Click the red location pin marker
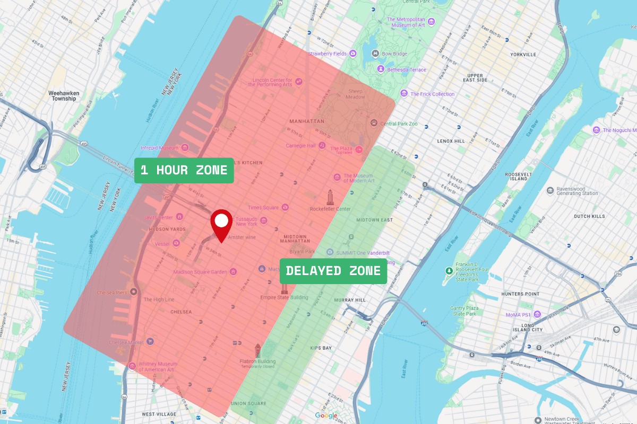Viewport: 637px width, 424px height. [221, 223]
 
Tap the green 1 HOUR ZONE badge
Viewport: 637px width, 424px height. [184, 171]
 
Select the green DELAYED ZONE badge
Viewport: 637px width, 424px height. [333, 271]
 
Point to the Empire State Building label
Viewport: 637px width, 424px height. [284, 297]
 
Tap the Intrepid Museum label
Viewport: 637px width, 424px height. [160, 148]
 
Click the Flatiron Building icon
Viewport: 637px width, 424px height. [257, 350]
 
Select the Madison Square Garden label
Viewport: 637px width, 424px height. [200, 272]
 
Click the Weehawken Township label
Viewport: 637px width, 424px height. [64, 96]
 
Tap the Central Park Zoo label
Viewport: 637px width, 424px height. [399, 123]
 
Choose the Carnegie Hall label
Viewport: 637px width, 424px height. [300, 146]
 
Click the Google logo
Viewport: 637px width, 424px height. [325, 416]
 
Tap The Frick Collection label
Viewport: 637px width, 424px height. [432, 94]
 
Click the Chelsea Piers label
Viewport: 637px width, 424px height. [112, 293]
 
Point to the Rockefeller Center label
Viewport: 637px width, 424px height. [330, 209]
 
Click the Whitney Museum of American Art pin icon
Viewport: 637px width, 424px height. [132, 366]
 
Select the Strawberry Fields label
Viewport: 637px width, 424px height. [327, 54]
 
